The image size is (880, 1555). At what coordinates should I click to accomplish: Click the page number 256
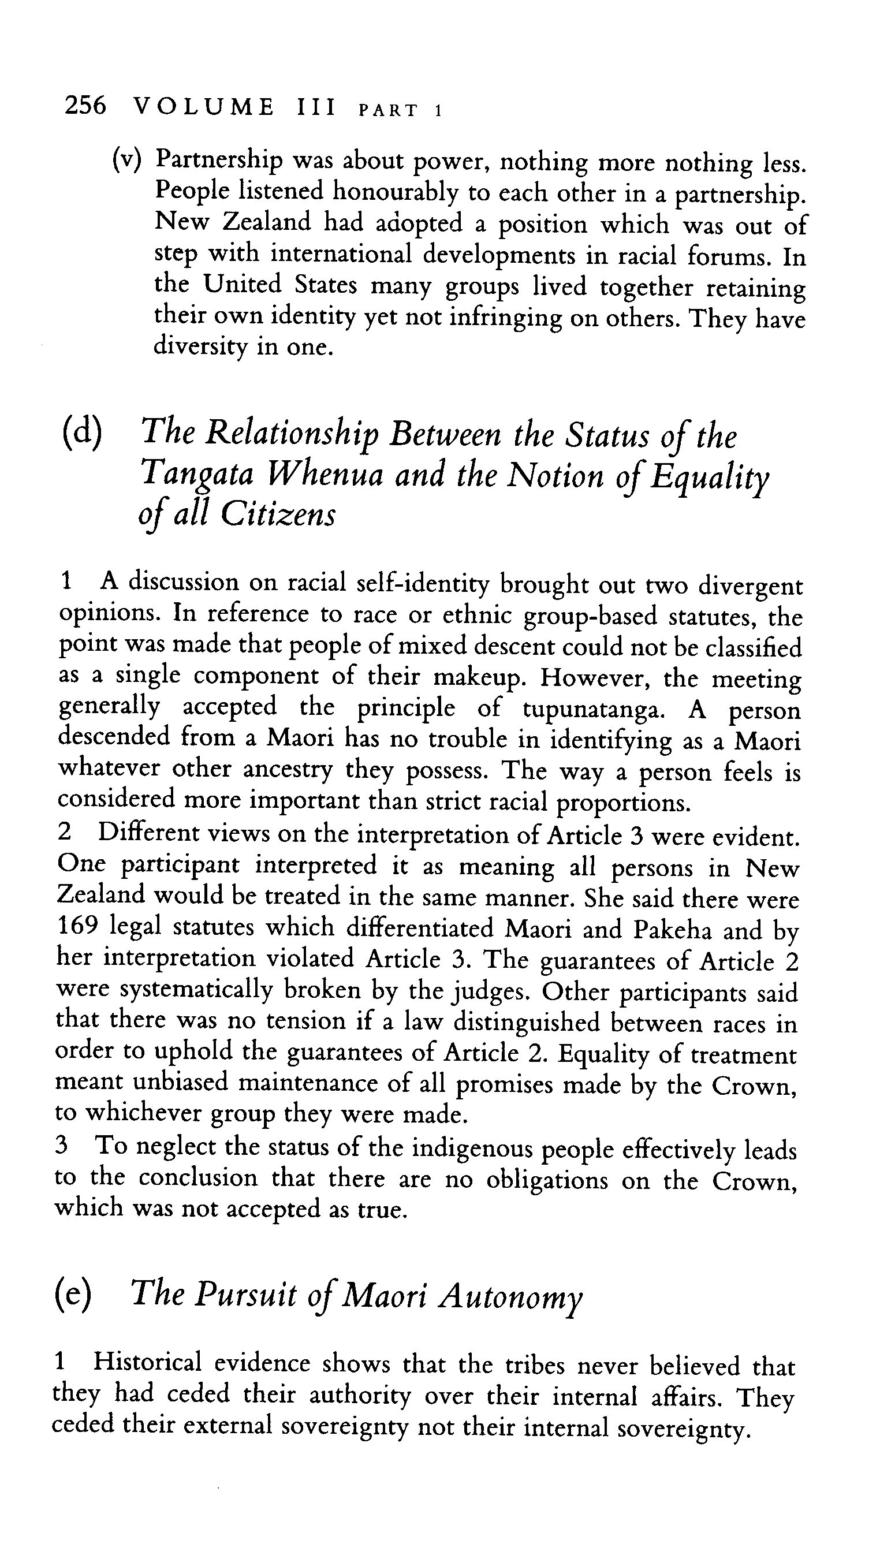pyautogui.click(x=85, y=107)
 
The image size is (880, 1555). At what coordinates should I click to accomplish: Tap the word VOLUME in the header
pyautogui.click(x=204, y=107)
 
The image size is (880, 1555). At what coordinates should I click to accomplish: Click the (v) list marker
pyautogui.click(x=128, y=159)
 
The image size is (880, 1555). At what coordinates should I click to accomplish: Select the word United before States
pyautogui.click(x=243, y=285)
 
